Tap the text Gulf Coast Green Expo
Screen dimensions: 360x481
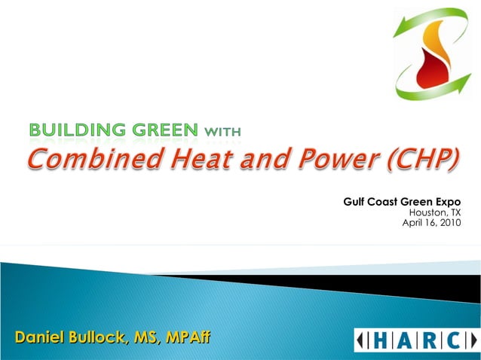(402, 202)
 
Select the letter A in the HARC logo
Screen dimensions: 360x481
(406, 340)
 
